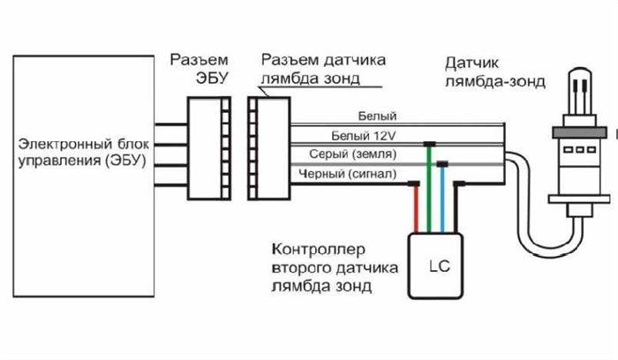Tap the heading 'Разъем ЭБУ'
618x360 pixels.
pyautogui.click(x=199, y=68)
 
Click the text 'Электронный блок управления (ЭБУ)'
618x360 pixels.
pyautogui.click(x=77, y=153)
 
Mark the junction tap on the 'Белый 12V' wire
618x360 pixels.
pyautogui.click(x=429, y=144)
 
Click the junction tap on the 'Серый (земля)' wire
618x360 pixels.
pyautogui.click(x=442, y=163)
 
